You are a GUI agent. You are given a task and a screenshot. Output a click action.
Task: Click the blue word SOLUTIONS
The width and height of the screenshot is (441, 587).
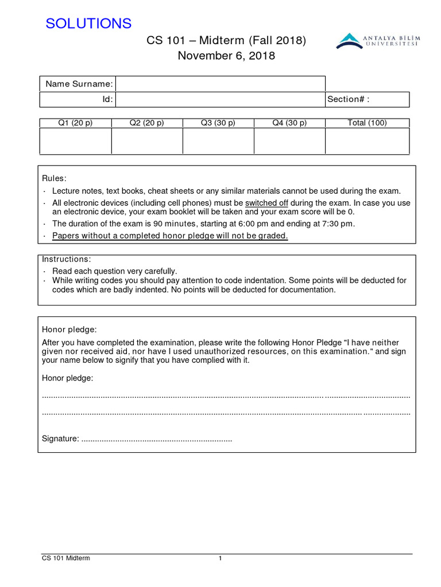pyautogui.click(x=88, y=24)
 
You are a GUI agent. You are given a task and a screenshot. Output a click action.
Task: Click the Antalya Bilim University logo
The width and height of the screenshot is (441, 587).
pyautogui.click(x=377, y=41)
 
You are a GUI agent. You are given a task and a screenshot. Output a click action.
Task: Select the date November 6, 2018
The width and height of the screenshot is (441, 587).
pyautogui.click(x=226, y=56)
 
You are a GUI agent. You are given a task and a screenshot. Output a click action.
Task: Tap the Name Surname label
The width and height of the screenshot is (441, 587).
pyautogui.click(x=79, y=84)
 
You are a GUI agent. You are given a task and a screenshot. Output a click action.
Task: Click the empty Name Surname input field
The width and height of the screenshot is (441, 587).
pyautogui.click(x=220, y=84)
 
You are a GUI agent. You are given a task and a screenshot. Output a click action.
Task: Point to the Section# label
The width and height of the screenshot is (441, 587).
pyautogui.click(x=348, y=99)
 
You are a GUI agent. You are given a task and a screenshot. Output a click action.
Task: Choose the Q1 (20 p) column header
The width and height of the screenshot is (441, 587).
pyautogui.click(x=75, y=123)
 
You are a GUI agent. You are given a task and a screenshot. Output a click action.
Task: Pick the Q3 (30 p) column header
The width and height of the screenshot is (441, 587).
pyautogui.click(x=218, y=123)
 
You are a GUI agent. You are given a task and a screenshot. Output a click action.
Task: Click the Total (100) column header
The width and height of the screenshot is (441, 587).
pyautogui.click(x=367, y=123)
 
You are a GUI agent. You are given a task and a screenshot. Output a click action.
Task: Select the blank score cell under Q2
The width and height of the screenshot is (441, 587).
pyautogui.click(x=146, y=141)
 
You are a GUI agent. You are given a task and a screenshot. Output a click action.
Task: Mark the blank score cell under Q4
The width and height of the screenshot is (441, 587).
pyautogui.click(x=289, y=141)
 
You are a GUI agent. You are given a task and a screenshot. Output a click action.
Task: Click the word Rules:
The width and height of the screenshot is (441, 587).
pyautogui.click(x=55, y=178)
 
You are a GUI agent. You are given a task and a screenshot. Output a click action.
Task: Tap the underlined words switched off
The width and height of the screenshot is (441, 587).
pyautogui.click(x=266, y=203)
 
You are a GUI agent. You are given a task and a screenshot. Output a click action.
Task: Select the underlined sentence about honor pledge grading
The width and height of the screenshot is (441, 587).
pyautogui.click(x=170, y=236)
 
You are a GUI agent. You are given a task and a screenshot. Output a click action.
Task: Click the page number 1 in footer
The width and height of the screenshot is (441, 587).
pyautogui.click(x=220, y=559)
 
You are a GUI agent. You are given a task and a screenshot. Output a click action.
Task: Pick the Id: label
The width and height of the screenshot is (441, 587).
pyautogui.click(x=107, y=99)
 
